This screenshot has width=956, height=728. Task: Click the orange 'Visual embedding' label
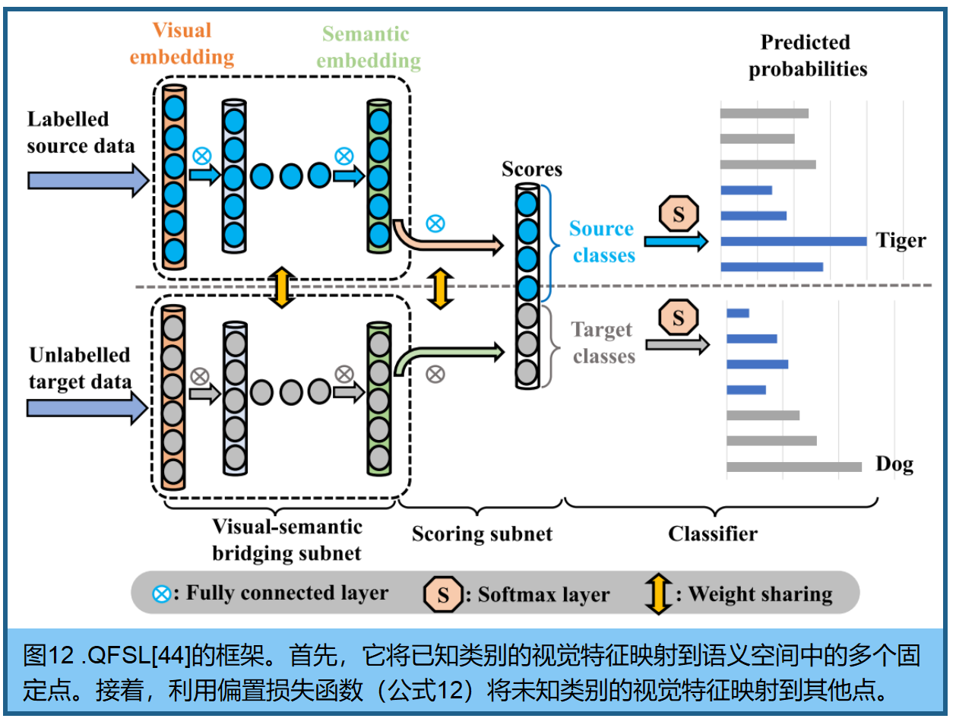pos(182,44)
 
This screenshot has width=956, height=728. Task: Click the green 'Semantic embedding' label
pos(368,47)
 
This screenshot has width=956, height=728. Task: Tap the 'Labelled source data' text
pos(80,132)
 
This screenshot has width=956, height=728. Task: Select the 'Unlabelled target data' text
pos(80,368)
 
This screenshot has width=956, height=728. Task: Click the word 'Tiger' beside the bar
pos(901,241)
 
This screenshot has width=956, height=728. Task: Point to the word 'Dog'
pos(894,464)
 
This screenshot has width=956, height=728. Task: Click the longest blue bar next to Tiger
pos(793,242)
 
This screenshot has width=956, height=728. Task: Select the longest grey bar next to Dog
pos(793,467)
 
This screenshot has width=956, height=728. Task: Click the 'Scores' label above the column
pos(531,169)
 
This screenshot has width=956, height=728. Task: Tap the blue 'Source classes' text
pos(603,242)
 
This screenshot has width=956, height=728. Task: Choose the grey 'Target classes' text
pos(603,343)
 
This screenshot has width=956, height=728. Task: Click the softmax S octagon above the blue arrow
pos(678,214)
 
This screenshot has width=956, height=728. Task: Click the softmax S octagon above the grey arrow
pos(678,318)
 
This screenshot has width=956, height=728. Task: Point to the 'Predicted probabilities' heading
pos(806,55)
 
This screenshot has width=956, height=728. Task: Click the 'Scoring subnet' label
pos(482,534)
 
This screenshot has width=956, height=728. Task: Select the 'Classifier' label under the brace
pos(712,534)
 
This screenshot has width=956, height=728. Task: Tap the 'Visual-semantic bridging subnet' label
pos(286,540)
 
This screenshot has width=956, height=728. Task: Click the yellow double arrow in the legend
pos(658,593)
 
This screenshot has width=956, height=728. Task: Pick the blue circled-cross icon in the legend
pos(161,594)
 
